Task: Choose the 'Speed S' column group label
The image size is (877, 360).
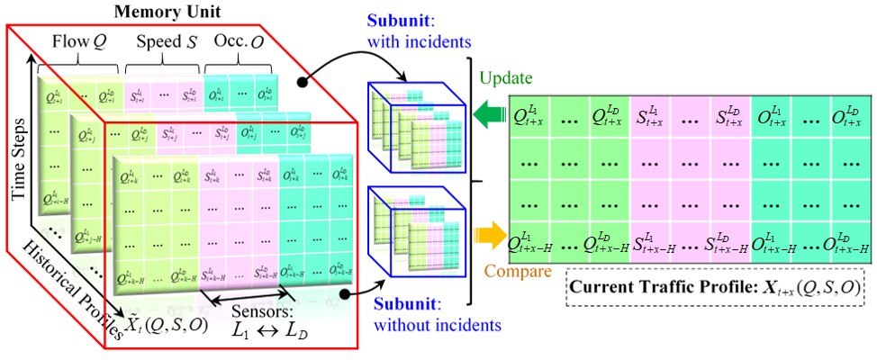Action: [164, 40]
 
